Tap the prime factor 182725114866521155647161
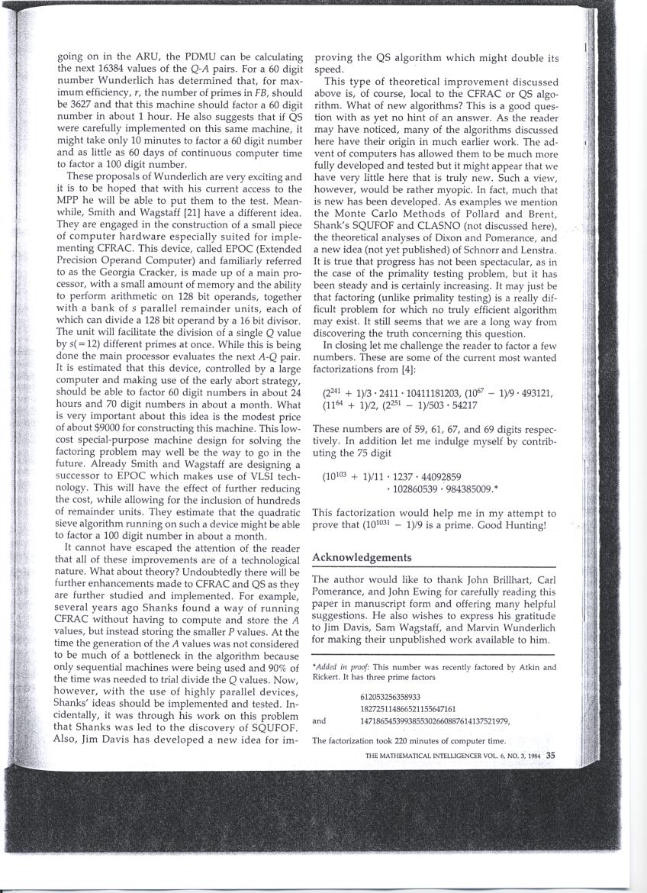click(x=407, y=708)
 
